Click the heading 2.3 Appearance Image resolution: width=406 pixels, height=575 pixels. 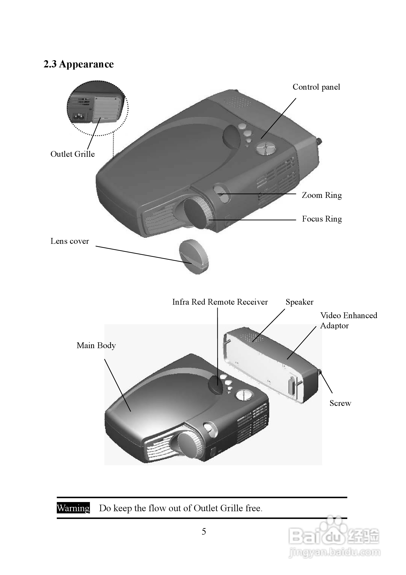(x=78, y=64)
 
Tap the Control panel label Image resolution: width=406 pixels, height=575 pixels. (x=316, y=87)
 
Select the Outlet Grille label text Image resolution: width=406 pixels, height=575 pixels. (x=73, y=154)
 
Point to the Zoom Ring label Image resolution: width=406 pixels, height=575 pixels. (x=322, y=195)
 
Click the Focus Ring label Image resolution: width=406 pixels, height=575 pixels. (x=322, y=219)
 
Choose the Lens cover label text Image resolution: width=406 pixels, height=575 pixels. (x=70, y=241)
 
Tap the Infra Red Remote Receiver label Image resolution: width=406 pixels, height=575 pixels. (x=220, y=302)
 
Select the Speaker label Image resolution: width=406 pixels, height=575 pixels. (x=299, y=302)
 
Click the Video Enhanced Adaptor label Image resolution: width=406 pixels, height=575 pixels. (x=348, y=320)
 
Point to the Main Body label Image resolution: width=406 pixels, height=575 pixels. (x=96, y=345)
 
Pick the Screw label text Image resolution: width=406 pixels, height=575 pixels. (x=340, y=403)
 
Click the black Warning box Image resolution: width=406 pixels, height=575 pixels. (x=73, y=508)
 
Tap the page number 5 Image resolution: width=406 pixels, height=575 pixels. (x=204, y=532)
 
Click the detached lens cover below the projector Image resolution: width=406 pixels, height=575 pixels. (x=194, y=257)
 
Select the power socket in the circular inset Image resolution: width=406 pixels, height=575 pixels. (x=80, y=116)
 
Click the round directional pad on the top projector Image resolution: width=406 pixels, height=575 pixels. (x=266, y=148)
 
